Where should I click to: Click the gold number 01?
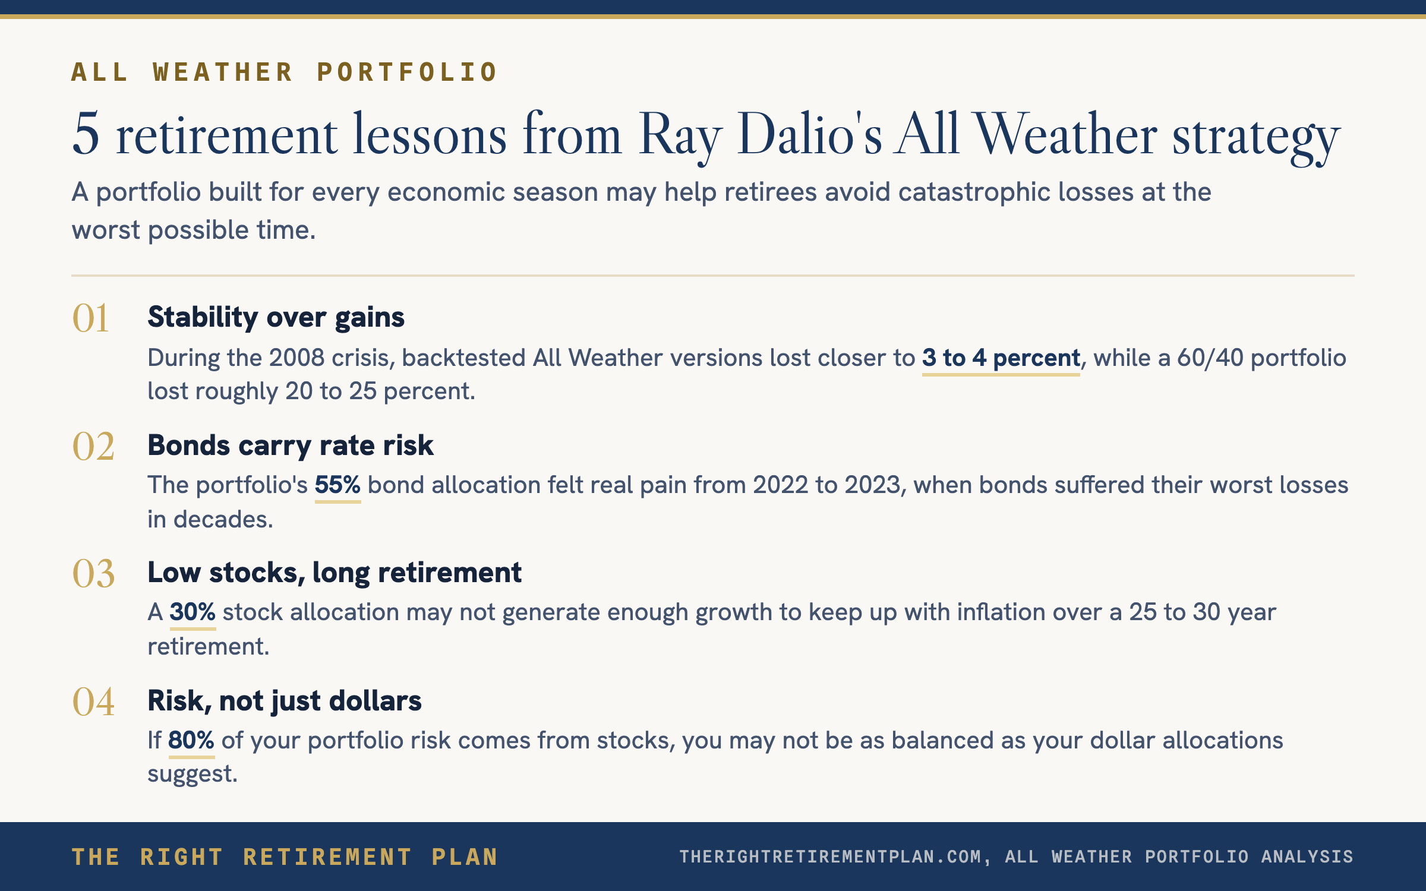(x=90, y=318)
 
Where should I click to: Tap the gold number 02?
(x=93, y=446)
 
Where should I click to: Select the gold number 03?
(x=93, y=574)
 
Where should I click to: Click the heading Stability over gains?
(x=276, y=317)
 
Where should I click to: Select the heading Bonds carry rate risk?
(x=291, y=445)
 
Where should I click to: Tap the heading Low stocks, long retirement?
(x=335, y=573)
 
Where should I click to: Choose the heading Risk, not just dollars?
(x=285, y=701)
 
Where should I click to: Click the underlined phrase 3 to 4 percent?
(x=1001, y=358)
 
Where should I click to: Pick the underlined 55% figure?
(x=337, y=485)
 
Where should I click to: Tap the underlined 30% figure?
(x=193, y=612)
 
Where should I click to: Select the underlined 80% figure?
(x=191, y=741)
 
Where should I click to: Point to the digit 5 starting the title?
(x=86, y=134)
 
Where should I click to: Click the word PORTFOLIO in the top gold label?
(x=407, y=72)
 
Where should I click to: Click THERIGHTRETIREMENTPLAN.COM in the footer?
(x=831, y=857)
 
